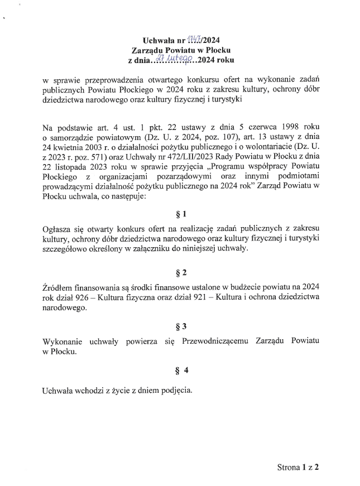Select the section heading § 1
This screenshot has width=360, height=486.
pos(180,214)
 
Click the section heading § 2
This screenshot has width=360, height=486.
pos(180,273)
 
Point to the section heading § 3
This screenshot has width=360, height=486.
pos(180,326)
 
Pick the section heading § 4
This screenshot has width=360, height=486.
pos(180,369)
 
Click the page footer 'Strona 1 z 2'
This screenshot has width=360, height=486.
pos(297,466)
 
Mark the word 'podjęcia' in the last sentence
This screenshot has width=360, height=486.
pos(176,391)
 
